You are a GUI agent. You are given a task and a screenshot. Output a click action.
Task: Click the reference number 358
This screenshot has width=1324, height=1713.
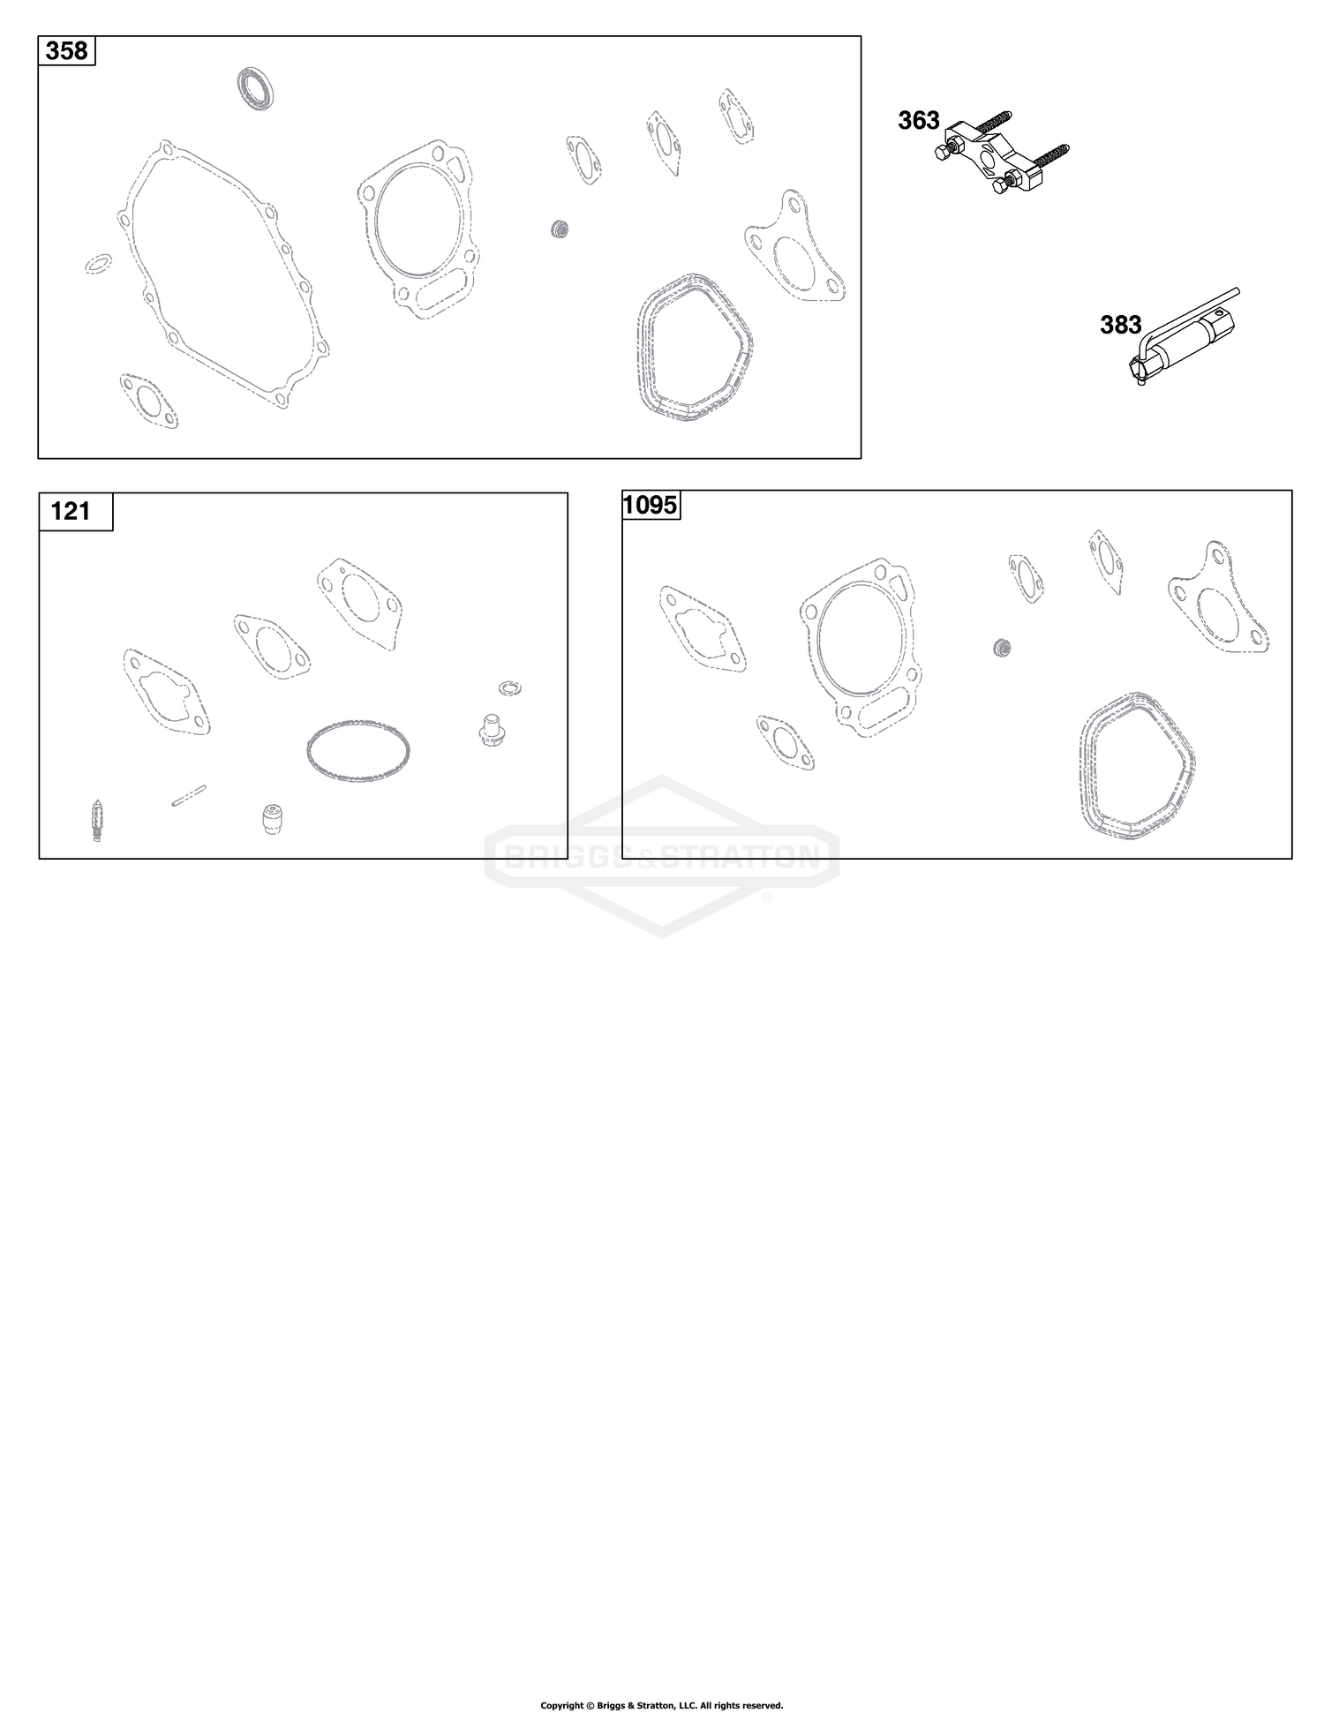67,51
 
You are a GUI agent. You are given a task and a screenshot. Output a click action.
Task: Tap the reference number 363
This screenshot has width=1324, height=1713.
919,120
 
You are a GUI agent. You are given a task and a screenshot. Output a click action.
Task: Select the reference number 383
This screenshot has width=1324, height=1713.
1121,325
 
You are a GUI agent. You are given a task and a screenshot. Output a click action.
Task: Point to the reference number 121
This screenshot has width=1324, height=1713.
71,511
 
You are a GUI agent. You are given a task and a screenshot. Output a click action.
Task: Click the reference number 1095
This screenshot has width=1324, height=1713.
651,505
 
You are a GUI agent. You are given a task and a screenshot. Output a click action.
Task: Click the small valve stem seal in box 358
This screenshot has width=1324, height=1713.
558,229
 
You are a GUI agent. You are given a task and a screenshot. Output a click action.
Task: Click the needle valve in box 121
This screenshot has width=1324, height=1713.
96,820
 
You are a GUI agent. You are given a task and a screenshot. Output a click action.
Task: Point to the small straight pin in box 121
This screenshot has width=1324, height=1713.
188,795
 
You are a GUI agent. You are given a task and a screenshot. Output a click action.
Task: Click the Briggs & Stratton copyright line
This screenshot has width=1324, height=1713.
662,1705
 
